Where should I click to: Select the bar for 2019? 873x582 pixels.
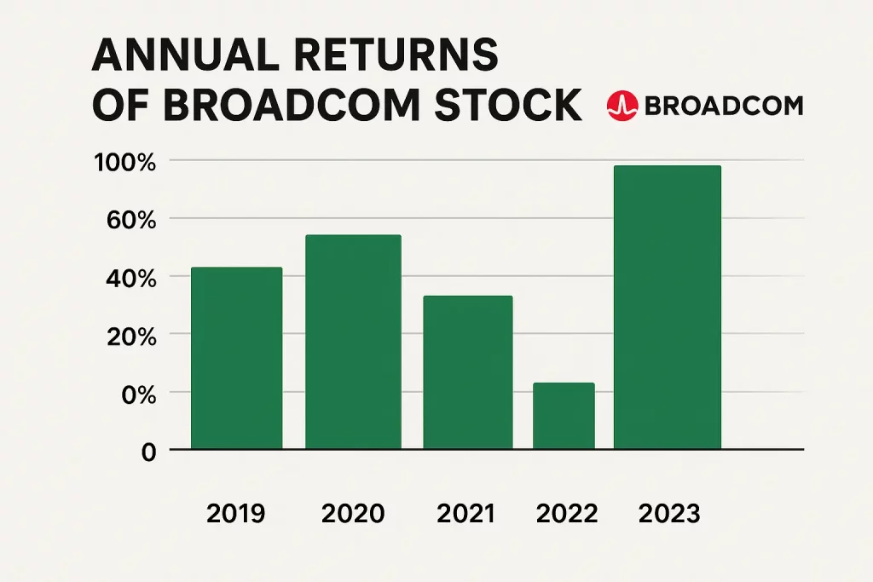236,358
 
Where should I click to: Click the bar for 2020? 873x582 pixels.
353,342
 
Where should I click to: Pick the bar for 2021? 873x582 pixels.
468,372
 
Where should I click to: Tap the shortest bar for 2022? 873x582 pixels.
564,416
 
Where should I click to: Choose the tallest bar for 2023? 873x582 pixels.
668,308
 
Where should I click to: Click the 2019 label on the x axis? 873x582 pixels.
236,514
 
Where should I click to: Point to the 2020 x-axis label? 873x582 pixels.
353,514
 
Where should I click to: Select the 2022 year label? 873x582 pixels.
567,514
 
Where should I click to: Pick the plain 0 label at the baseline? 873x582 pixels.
148,452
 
